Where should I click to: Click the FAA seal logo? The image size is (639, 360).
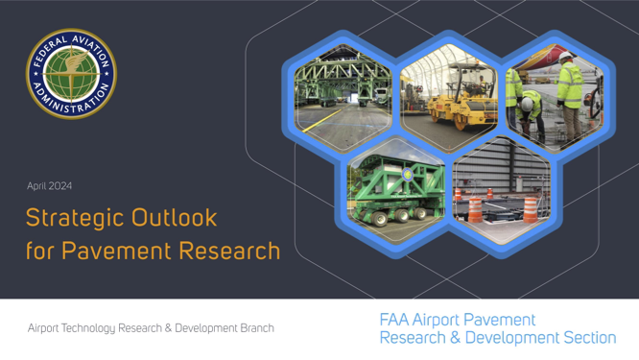coord(70,73)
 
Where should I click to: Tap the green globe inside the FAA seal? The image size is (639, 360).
coord(70,73)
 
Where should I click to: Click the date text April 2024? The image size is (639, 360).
coord(50,185)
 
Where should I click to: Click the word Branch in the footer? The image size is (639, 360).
coord(252,327)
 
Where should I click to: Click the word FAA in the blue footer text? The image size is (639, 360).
coord(396,320)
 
